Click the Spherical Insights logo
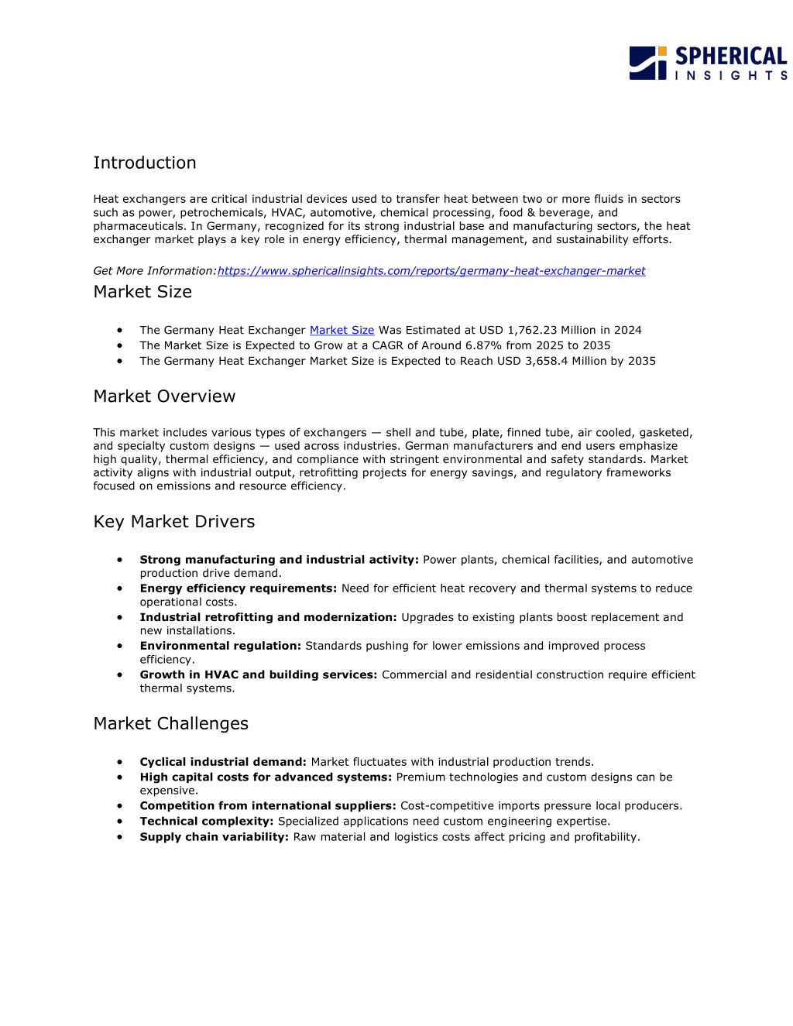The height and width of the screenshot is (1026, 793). (x=708, y=63)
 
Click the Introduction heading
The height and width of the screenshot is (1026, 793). (x=145, y=163)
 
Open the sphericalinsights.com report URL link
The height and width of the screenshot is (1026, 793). (x=431, y=271)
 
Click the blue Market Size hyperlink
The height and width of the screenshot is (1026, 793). (x=342, y=330)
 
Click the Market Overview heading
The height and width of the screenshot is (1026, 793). (x=164, y=396)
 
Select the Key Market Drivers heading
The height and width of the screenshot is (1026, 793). (x=174, y=522)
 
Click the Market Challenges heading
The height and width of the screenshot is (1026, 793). (x=171, y=723)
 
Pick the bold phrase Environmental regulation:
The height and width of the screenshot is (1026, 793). (x=220, y=646)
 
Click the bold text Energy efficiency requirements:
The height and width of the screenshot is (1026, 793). (x=238, y=588)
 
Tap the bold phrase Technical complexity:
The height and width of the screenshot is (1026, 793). (x=207, y=822)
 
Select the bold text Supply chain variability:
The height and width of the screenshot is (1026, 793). (x=214, y=837)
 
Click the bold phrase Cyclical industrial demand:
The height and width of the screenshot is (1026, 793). (x=223, y=762)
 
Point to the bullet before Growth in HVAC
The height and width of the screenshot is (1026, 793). (x=120, y=674)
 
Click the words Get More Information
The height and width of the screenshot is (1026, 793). (x=154, y=271)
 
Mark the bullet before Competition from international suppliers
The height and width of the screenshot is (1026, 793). (x=120, y=806)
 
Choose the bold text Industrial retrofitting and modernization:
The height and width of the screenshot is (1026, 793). (x=268, y=617)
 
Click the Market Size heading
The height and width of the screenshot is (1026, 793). (x=142, y=292)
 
